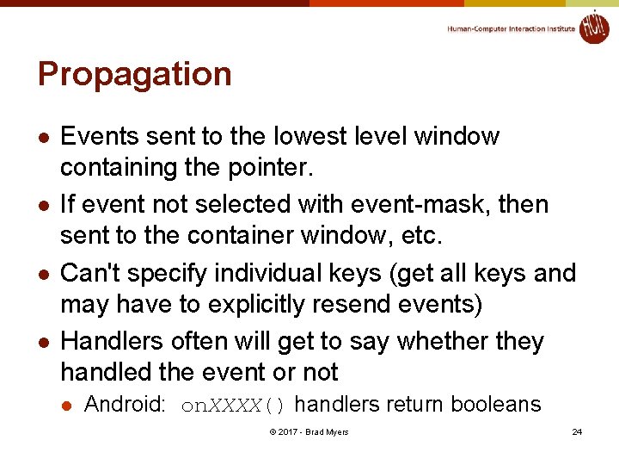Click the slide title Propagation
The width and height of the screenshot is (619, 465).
pyautogui.click(x=135, y=75)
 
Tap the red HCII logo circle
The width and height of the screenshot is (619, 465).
pyautogui.click(x=593, y=27)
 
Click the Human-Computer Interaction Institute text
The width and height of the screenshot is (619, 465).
pyautogui.click(x=511, y=28)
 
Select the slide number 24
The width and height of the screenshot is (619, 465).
pyautogui.click(x=577, y=431)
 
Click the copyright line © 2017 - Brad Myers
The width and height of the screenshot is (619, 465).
pyautogui.click(x=309, y=431)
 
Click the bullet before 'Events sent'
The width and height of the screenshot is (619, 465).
pyautogui.click(x=41, y=138)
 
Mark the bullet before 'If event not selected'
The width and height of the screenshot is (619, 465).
pyautogui.click(x=41, y=206)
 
